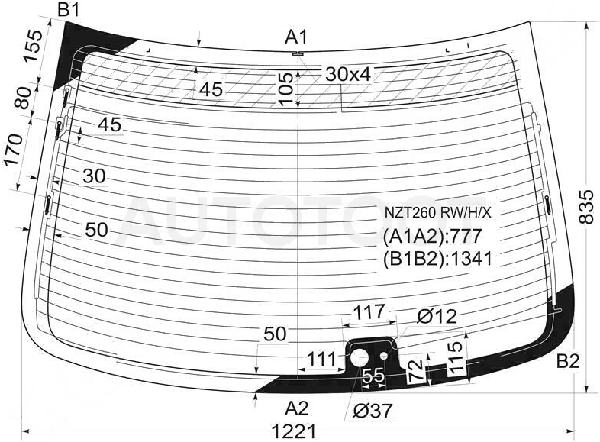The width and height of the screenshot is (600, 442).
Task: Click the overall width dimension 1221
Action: pyautogui.click(x=294, y=431)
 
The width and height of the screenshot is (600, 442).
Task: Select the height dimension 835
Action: pyautogui.click(x=586, y=207)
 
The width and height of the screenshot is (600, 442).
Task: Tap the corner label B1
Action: pyautogui.click(x=69, y=9)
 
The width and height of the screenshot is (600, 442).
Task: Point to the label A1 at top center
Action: pyautogui.click(x=296, y=37)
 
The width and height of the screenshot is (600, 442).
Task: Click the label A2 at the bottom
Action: pyautogui.click(x=296, y=408)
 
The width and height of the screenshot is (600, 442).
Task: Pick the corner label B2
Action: pyautogui.click(x=568, y=361)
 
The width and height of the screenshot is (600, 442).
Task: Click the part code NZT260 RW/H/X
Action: pyautogui.click(x=437, y=213)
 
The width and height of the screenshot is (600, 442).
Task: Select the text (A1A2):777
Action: pyautogui.click(x=432, y=236)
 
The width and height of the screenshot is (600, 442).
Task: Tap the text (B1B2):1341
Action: pyautogui.click(x=437, y=259)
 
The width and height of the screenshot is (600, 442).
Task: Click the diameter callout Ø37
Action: pyautogui.click(x=373, y=411)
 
